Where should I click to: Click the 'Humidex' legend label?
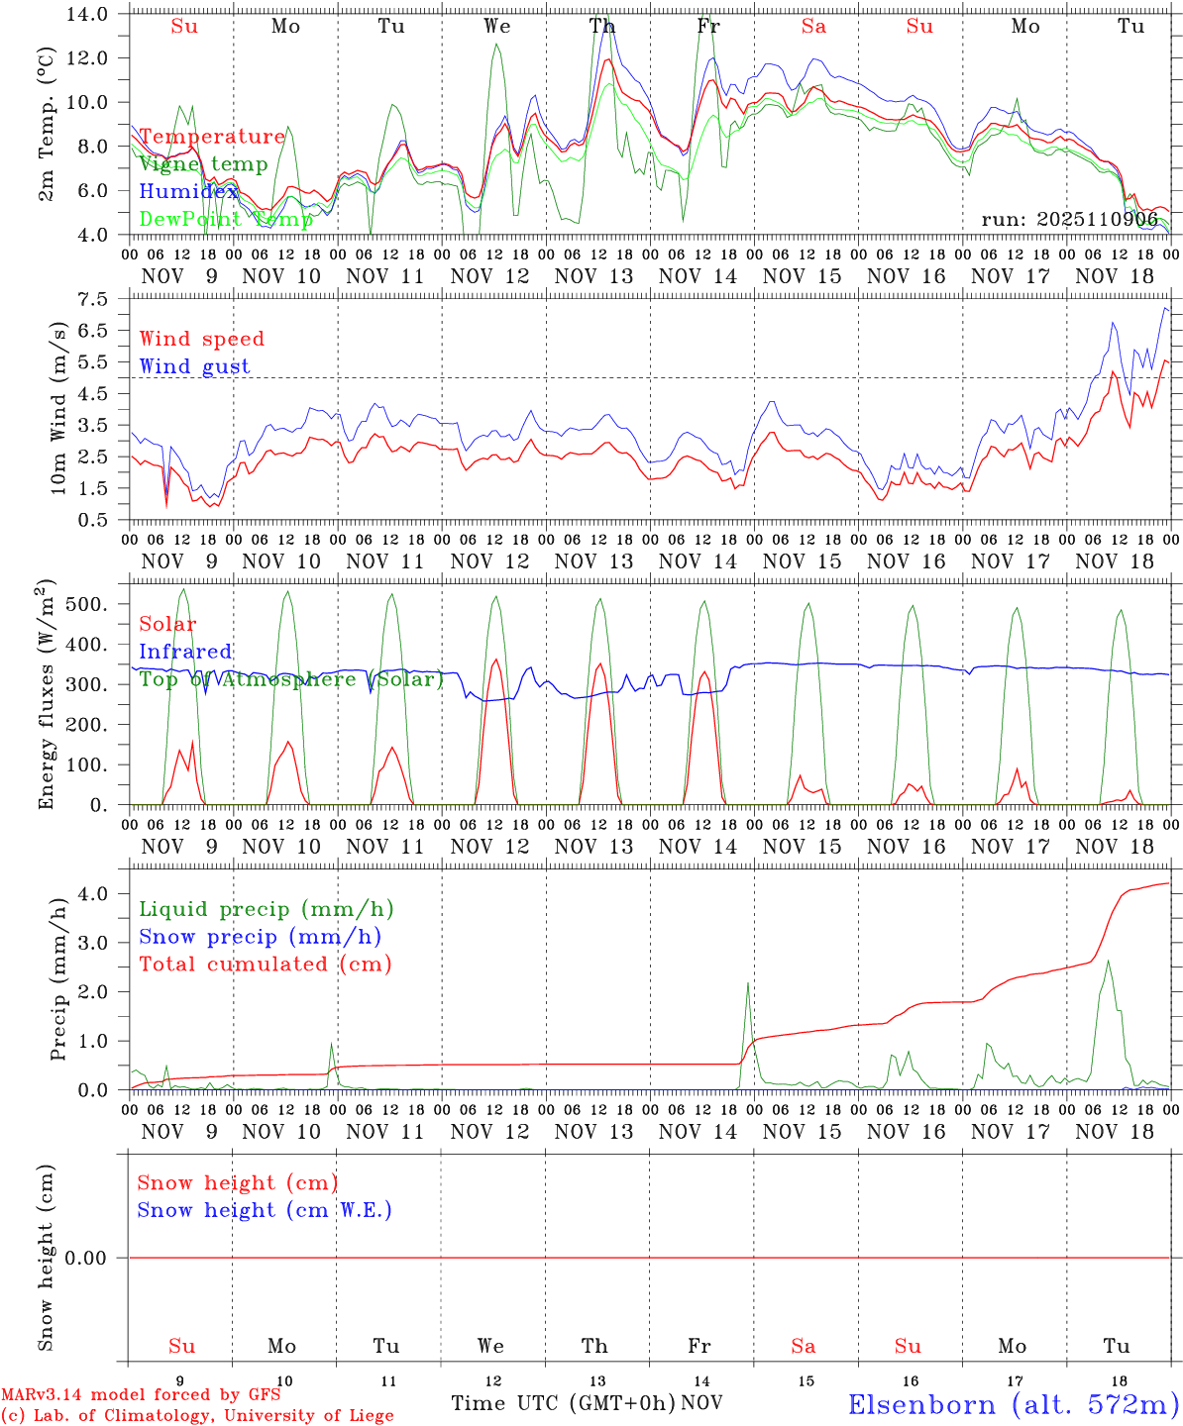click(188, 191)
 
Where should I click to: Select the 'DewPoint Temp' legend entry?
click(226, 219)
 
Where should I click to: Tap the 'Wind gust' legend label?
click(194, 366)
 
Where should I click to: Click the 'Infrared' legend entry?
click(185, 652)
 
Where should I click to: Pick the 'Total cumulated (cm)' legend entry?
click(266, 964)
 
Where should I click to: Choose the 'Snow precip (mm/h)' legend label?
click(260, 937)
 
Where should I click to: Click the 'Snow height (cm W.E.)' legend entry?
click(265, 1210)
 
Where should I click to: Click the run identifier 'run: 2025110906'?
click(1069, 219)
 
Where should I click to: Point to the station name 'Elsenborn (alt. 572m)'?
click(1014, 1403)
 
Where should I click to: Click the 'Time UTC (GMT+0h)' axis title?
click(563, 1402)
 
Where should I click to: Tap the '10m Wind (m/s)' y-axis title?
click(59, 409)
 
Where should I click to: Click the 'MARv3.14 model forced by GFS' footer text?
click(141, 1395)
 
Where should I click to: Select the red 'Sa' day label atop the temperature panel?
click(813, 27)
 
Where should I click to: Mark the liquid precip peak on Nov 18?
click(1108, 961)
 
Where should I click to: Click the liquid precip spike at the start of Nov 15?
click(748, 982)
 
